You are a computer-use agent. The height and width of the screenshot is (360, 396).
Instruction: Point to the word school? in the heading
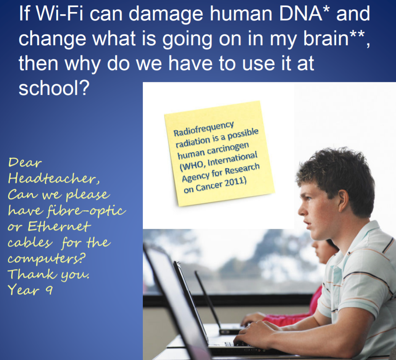tap(54, 88)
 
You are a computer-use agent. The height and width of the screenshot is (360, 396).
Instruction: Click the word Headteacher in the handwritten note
tap(54, 178)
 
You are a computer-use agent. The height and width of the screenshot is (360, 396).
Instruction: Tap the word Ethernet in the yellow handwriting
tap(59, 226)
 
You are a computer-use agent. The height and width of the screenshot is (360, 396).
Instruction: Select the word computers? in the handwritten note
tap(46, 258)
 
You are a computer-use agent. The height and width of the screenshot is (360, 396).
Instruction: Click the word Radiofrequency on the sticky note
tap(204, 129)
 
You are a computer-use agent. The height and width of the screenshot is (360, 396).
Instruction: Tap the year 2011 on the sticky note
tap(235, 182)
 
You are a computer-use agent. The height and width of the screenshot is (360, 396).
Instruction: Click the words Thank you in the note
tap(48, 274)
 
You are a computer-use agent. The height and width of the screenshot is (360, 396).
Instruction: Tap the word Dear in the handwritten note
tap(25, 163)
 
